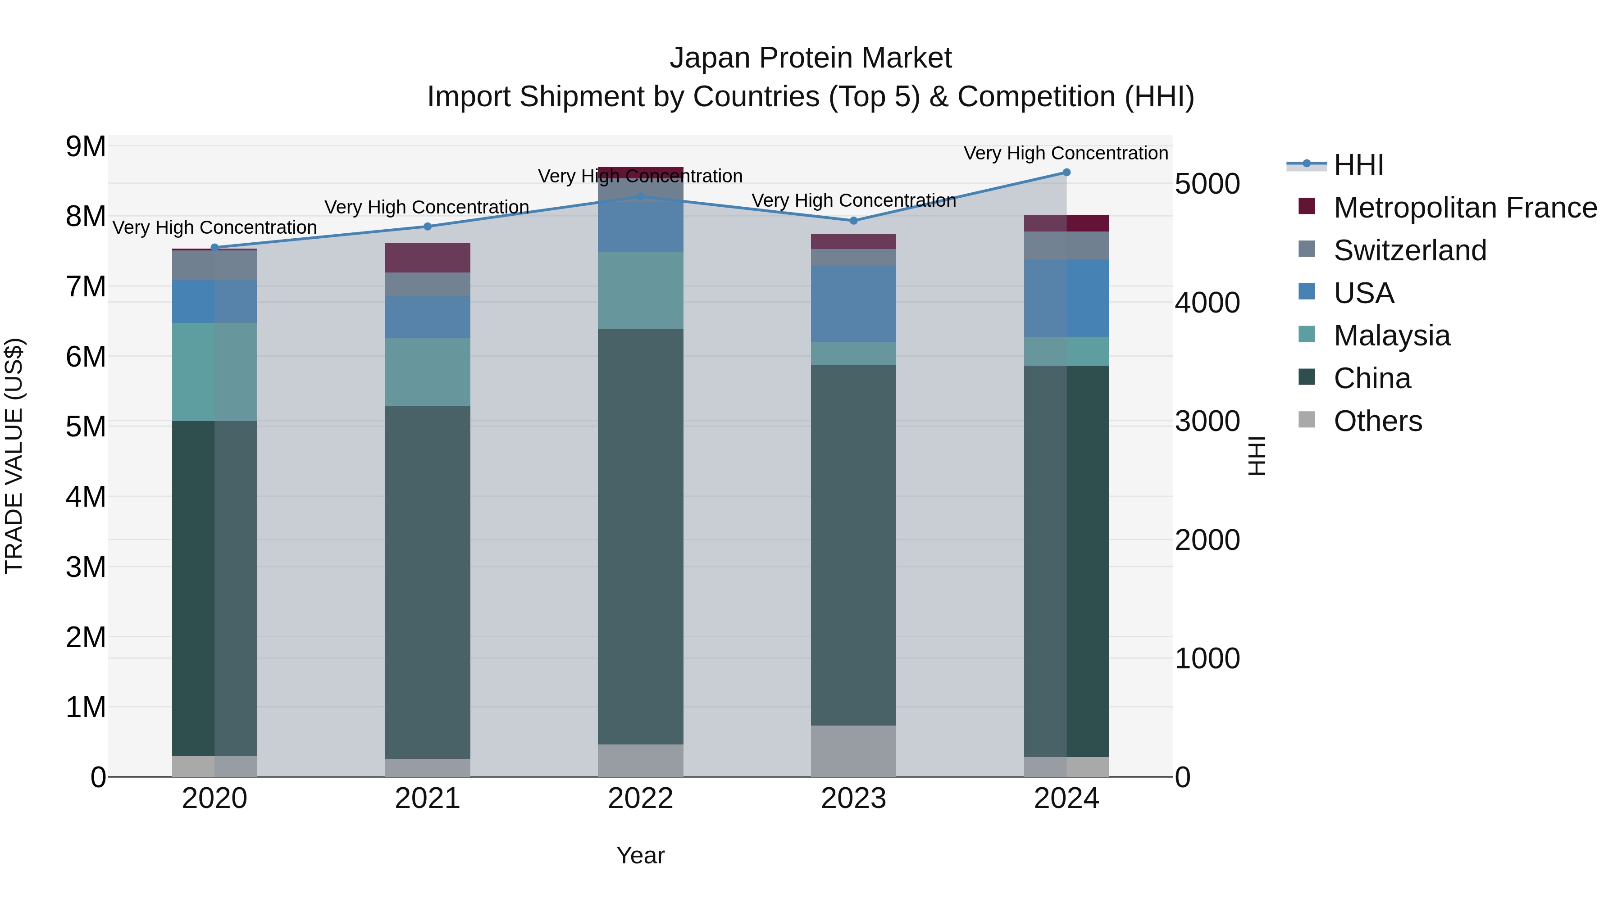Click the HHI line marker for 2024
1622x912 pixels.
1066,172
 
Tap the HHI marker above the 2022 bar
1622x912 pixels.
640,196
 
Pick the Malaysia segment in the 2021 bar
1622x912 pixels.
428,372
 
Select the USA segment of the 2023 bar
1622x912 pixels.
853,304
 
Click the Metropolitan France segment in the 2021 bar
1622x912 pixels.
428,258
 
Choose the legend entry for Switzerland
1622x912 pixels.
1410,250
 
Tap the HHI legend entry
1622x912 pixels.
1358,165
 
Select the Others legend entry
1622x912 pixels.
1377,421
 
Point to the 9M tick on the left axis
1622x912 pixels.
86,147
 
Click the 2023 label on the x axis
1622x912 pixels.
853,799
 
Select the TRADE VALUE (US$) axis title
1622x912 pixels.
14,456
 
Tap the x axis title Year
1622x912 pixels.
640,855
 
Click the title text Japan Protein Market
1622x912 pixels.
811,58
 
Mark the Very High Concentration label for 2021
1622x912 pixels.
426,207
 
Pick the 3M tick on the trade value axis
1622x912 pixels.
86,567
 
